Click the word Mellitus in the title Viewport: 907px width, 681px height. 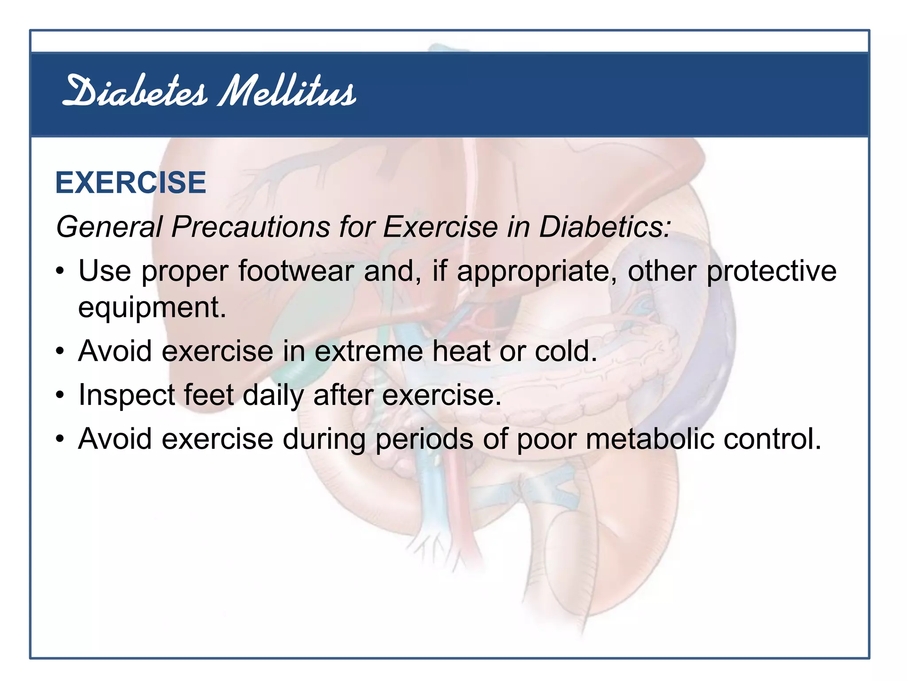coord(287,92)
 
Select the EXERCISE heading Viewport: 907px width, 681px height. coord(131,183)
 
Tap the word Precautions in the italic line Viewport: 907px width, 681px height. coord(250,227)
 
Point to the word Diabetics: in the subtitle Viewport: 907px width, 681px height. coord(605,227)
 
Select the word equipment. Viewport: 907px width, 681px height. coord(152,308)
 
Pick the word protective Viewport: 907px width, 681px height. coord(771,271)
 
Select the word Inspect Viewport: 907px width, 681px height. coord(126,395)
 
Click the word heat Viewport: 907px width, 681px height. coord(461,351)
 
